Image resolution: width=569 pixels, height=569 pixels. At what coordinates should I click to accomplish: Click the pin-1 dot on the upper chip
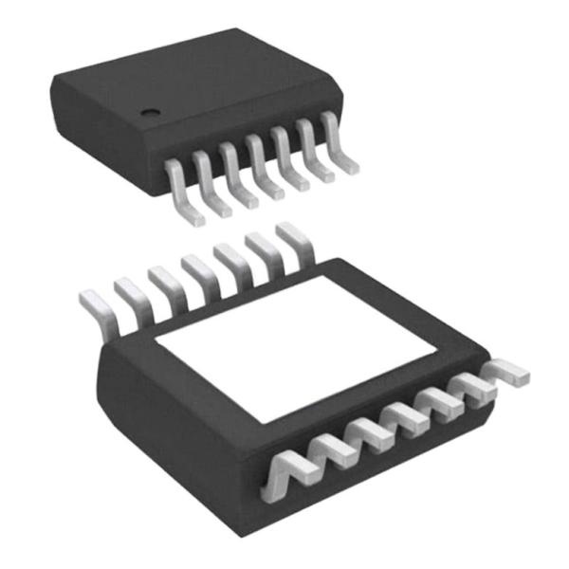150,113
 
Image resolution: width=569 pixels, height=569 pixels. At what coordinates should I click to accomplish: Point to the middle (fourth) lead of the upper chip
263,169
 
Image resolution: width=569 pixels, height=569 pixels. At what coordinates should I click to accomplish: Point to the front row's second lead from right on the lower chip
471,387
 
